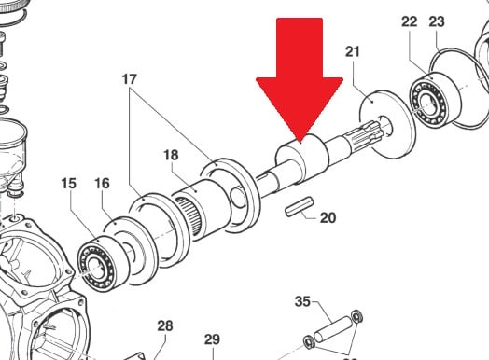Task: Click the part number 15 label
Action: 69,184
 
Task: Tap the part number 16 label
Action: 102,184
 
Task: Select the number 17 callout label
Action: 130,79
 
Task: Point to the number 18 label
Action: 171,155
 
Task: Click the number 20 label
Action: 328,217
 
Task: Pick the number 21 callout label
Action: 353,51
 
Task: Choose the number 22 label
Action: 410,21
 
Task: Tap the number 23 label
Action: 437,21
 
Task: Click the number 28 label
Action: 165,326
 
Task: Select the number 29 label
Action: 213,339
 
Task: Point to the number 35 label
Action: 302,301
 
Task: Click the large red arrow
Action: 300,79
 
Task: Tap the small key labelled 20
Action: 300,206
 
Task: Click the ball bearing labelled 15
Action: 103,263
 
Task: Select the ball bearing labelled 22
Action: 435,99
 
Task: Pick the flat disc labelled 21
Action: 388,124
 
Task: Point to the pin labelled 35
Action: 333,329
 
